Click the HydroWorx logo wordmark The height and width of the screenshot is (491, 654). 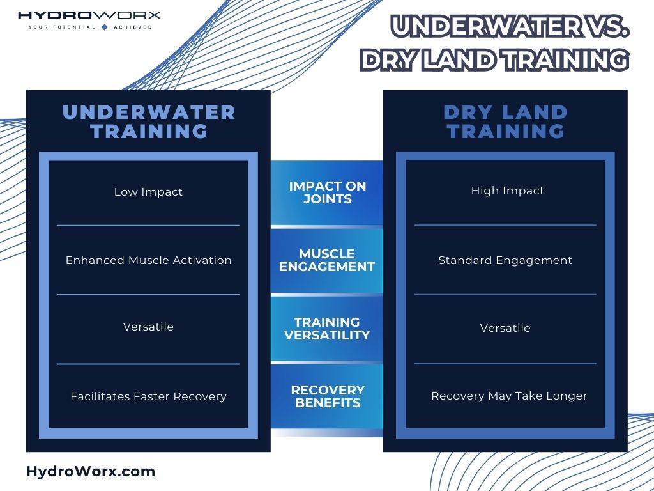click(89, 15)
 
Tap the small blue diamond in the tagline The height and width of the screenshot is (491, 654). click(105, 27)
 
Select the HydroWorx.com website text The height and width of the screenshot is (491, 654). click(91, 472)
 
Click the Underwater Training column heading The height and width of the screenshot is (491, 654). click(149, 121)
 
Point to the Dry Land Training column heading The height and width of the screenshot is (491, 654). click(505, 121)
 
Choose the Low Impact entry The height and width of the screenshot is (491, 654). click(148, 192)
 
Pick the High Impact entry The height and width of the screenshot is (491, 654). click(507, 191)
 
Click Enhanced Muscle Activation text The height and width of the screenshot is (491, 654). click(148, 260)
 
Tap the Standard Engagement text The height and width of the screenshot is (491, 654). click(505, 260)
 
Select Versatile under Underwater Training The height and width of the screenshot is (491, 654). click(148, 327)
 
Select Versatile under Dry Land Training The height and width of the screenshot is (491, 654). click(505, 328)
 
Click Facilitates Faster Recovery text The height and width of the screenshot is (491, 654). click(148, 396)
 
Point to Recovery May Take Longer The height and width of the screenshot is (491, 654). click(509, 396)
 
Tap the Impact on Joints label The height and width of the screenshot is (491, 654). click(327, 192)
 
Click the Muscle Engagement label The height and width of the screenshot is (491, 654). click(327, 260)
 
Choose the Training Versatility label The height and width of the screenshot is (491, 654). click(327, 328)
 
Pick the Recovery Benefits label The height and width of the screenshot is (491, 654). click(327, 396)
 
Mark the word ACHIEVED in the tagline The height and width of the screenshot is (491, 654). click(132, 27)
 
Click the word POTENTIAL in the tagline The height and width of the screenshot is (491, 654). click(73, 27)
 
